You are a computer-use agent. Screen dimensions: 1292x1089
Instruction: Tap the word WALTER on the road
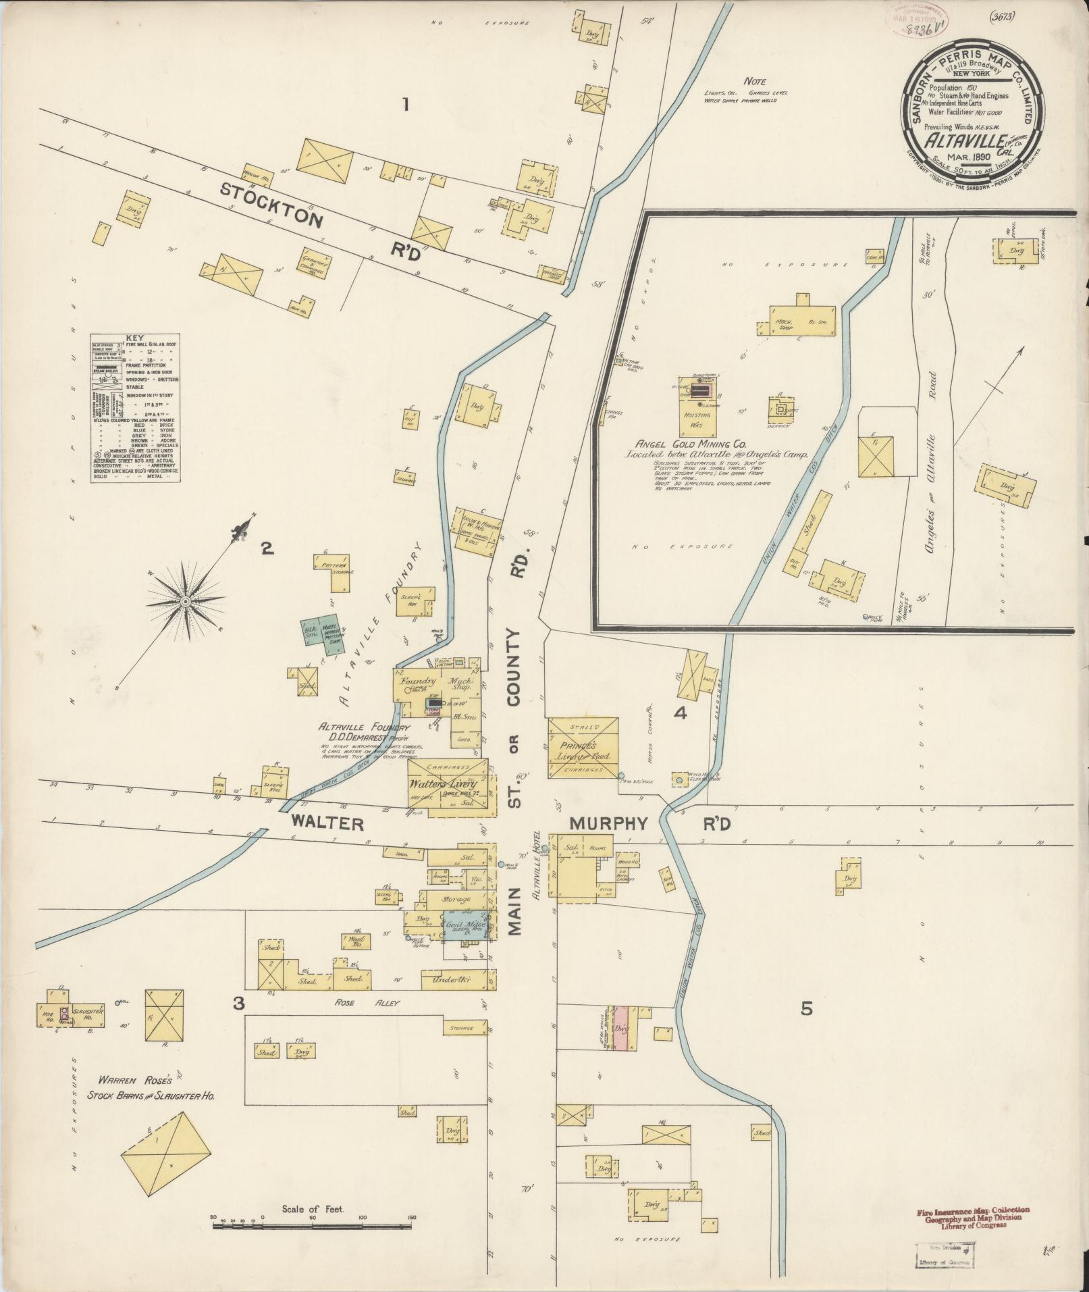pos(328,824)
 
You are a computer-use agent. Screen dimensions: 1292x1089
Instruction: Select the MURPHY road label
pos(609,824)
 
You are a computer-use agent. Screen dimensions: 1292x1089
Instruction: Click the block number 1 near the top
pos(405,105)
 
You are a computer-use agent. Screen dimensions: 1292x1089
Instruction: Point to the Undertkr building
pos(454,980)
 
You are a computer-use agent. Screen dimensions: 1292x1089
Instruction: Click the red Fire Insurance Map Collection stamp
pos(972,1213)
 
